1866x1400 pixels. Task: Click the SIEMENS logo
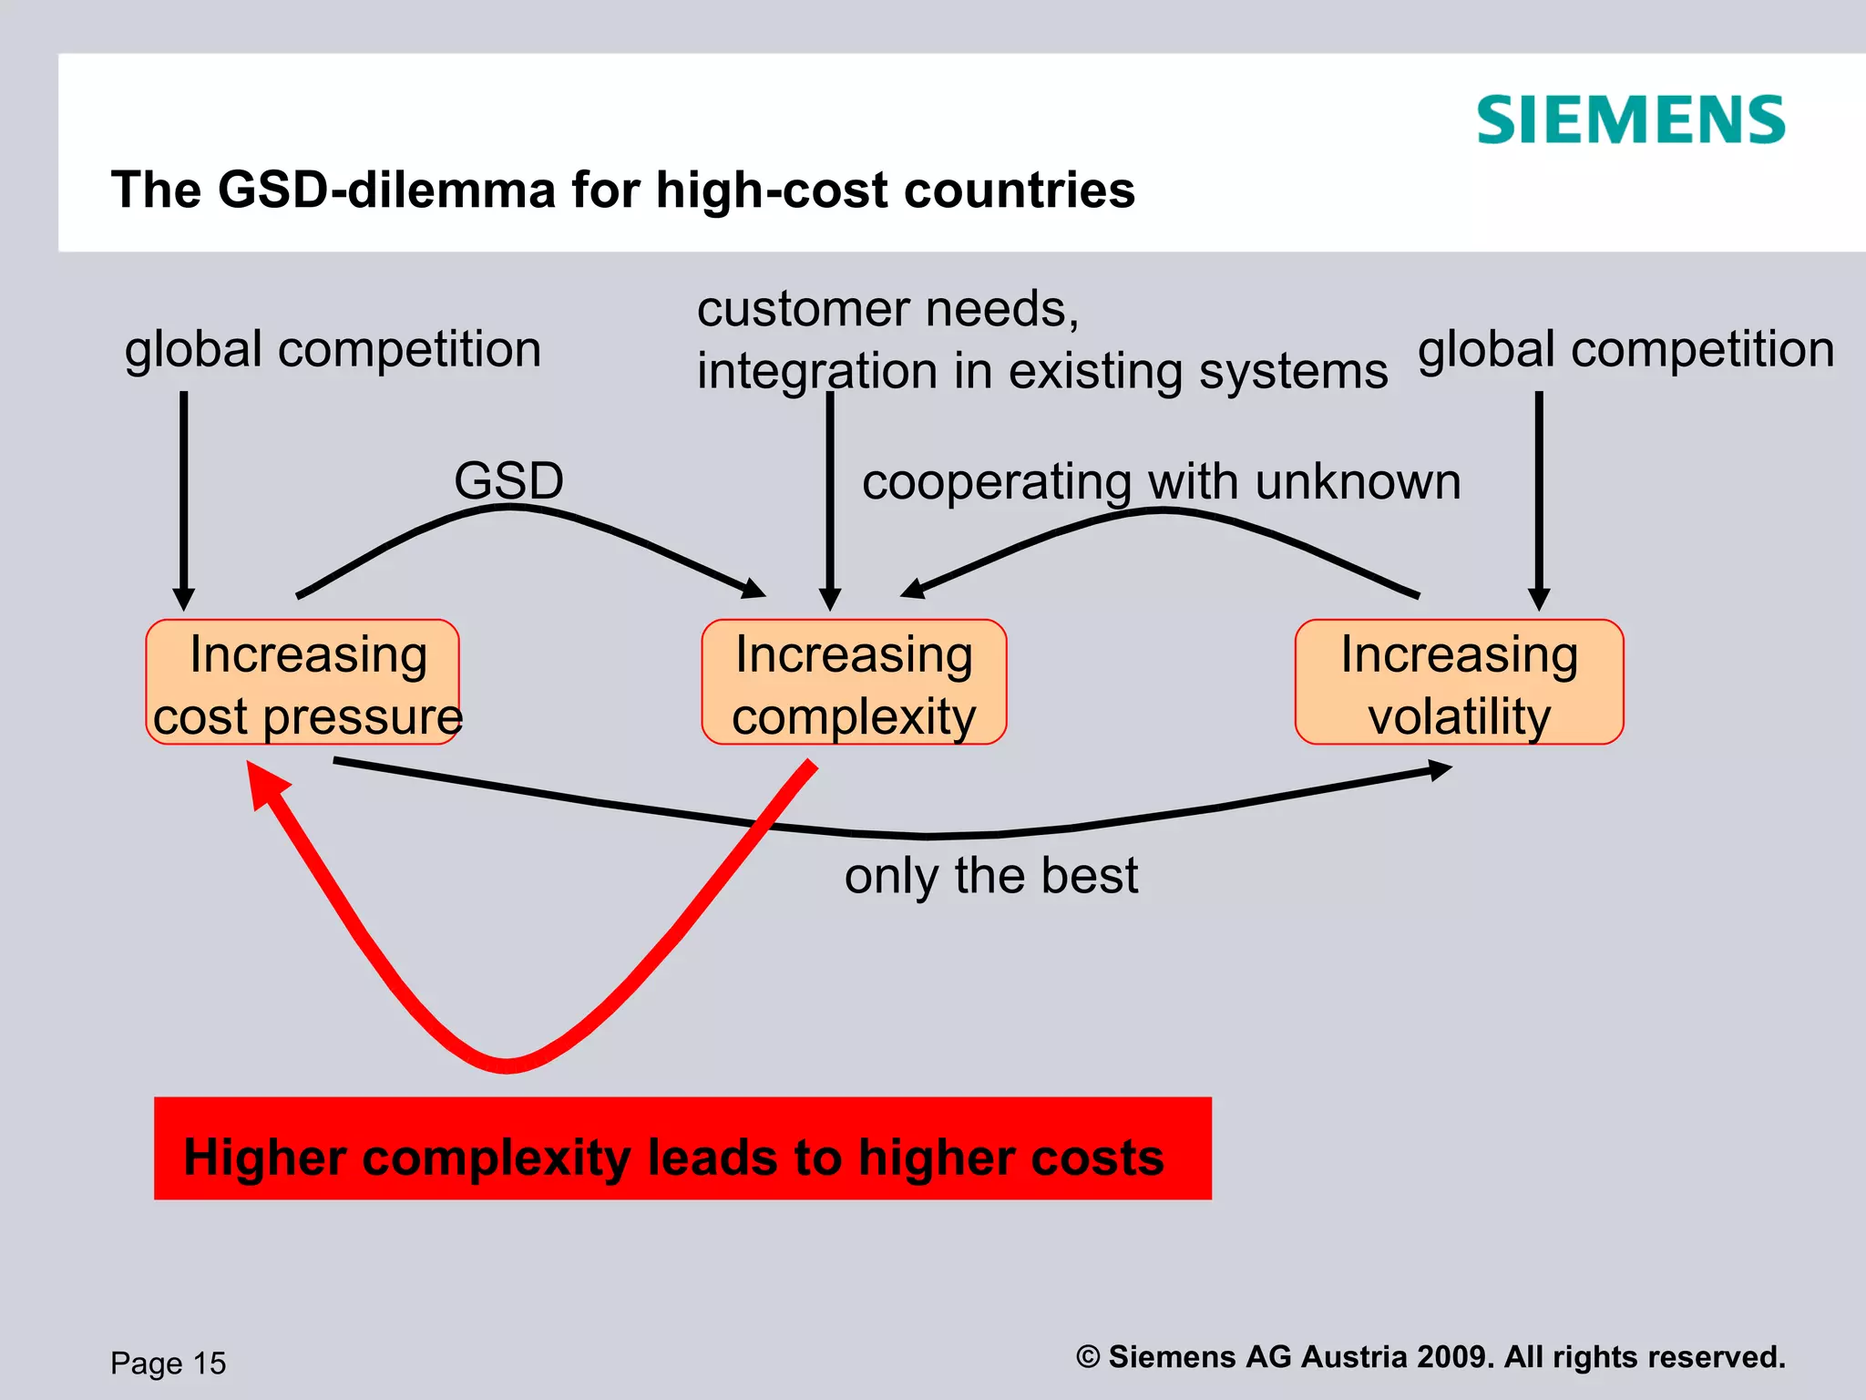[x=1630, y=120]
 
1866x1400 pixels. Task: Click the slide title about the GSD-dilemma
[x=622, y=190]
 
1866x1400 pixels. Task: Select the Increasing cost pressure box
[x=302, y=683]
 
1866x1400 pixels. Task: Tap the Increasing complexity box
[x=854, y=683]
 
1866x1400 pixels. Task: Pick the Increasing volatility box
[x=1459, y=683]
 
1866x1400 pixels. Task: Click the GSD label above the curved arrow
[x=508, y=480]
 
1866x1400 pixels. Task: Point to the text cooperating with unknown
[x=1161, y=481]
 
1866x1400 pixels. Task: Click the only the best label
[x=990, y=875]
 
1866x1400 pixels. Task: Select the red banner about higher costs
[x=682, y=1148]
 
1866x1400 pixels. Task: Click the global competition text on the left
[x=333, y=350]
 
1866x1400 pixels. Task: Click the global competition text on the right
[x=1625, y=350]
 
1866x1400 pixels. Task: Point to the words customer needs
[x=887, y=309]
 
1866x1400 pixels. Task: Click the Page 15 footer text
[x=169, y=1363]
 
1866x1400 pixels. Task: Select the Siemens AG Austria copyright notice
[x=1430, y=1356]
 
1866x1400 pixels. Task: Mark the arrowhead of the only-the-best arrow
[x=1440, y=771]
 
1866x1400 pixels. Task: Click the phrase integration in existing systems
[x=1041, y=372]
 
